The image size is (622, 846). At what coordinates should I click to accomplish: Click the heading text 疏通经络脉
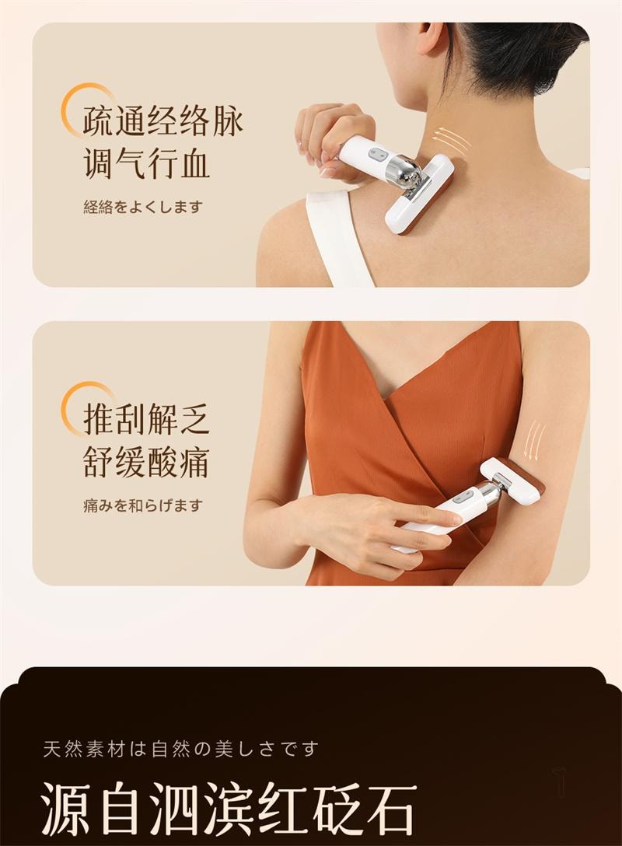pyautogui.click(x=163, y=122)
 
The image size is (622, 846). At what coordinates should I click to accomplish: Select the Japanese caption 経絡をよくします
pyautogui.click(x=143, y=207)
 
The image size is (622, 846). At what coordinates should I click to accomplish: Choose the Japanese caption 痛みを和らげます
pyautogui.click(x=143, y=505)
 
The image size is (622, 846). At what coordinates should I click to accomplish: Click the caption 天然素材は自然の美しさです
pyautogui.click(x=181, y=750)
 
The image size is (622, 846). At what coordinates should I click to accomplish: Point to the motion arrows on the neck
pyautogui.click(x=453, y=140)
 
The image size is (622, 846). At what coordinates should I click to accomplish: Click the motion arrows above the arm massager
pyautogui.click(x=534, y=440)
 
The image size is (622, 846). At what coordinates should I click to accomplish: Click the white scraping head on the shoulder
pyautogui.click(x=420, y=194)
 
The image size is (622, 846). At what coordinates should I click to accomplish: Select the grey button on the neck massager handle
pyautogui.click(x=379, y=153)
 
